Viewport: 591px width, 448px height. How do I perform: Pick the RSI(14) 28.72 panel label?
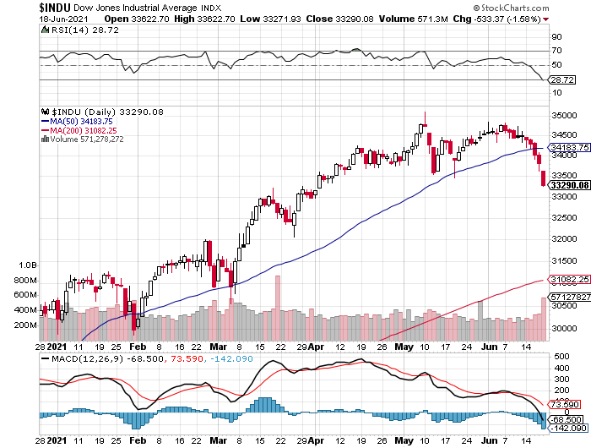75,29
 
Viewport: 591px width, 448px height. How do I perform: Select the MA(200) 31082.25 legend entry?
84,130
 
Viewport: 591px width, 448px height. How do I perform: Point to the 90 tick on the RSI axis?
556,37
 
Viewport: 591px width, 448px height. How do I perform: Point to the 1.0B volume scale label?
25,265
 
